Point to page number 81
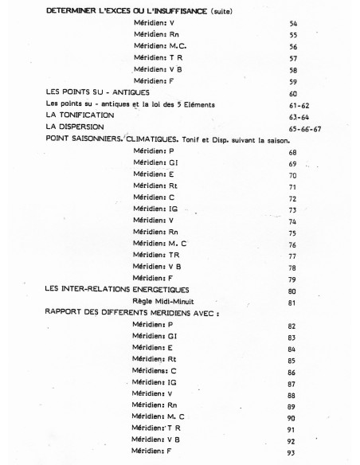[x=292, y=303]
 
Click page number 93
[x=292, y=453]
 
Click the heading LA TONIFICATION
[x=80, y=115]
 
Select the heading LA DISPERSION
[x=74, y=126]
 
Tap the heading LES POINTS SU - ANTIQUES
[x=97, y=92]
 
